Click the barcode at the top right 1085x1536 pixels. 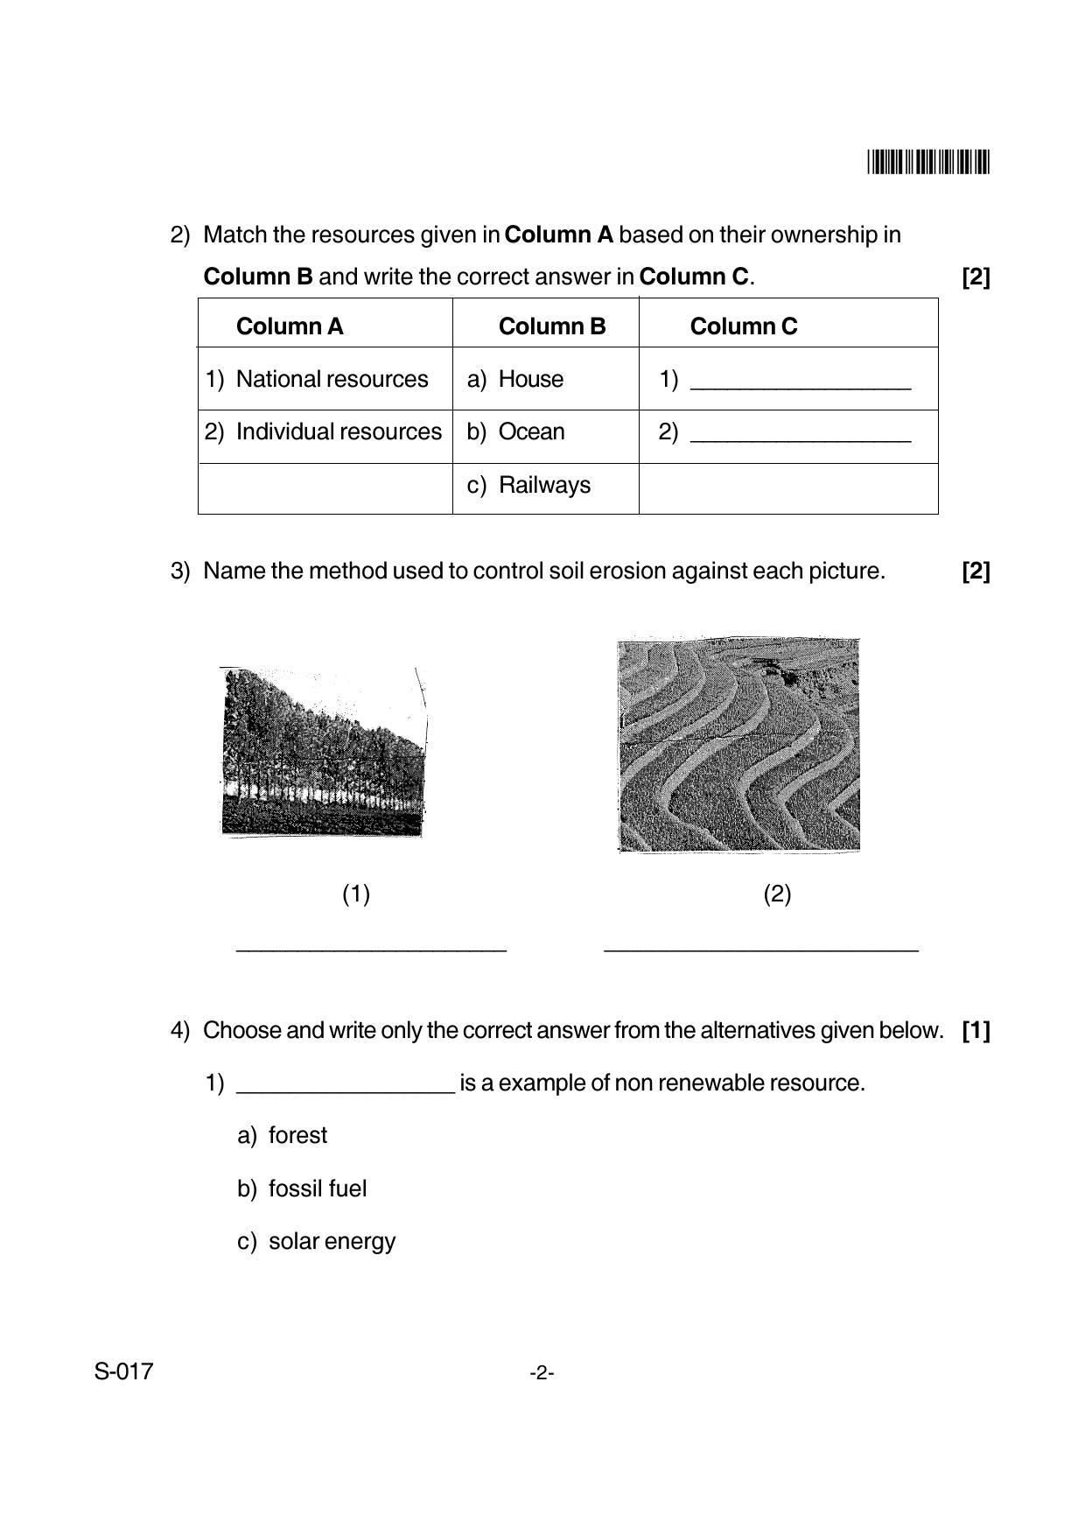click(928, 163)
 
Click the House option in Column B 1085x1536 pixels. click(530, 379)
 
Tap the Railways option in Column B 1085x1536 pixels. click(543, 485)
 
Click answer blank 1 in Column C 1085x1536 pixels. click(800, 382)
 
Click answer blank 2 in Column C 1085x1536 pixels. click(800, 434)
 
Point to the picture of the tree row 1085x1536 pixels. click(323, 752)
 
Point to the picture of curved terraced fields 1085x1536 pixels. click(738, 745)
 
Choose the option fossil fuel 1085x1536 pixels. click(317, 1189)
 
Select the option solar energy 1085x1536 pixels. click(332, 1241)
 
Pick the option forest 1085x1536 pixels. click(297, 1135)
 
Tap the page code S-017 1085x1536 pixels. click(123, 1371)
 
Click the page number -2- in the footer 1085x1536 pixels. click(542, 1373)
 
